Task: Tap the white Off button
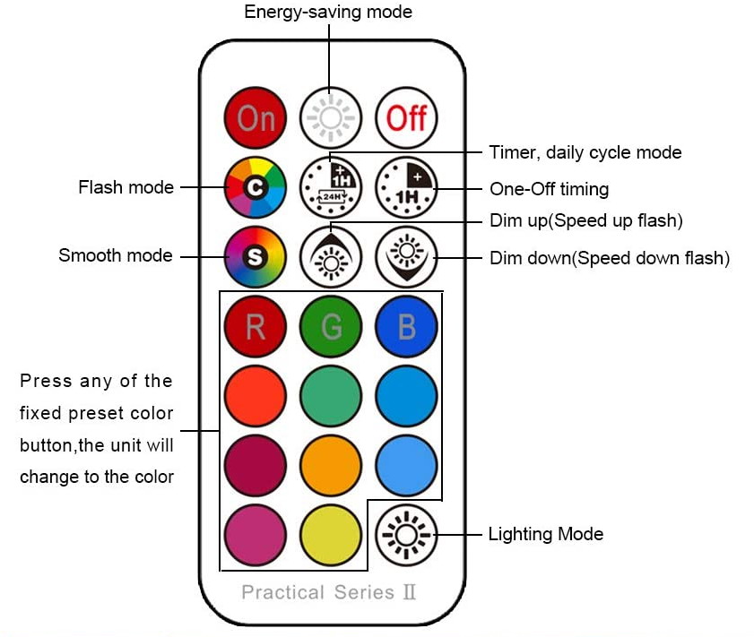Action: pos(406,117)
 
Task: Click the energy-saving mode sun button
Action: pos(331,117)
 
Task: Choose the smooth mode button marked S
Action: pos(256,256)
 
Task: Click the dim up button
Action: pos(331,256)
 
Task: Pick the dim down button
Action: pos(406,256)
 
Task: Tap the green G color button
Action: pos(331,326)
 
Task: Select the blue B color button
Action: pos(406,326)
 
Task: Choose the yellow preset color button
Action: pos(331,535)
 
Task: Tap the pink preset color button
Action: pos(256,535)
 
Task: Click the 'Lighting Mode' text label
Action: pos(545,535)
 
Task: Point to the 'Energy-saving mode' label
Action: pos(328,13)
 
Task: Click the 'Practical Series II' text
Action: pos(328,592)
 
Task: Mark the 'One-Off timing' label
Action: pos(549,189)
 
